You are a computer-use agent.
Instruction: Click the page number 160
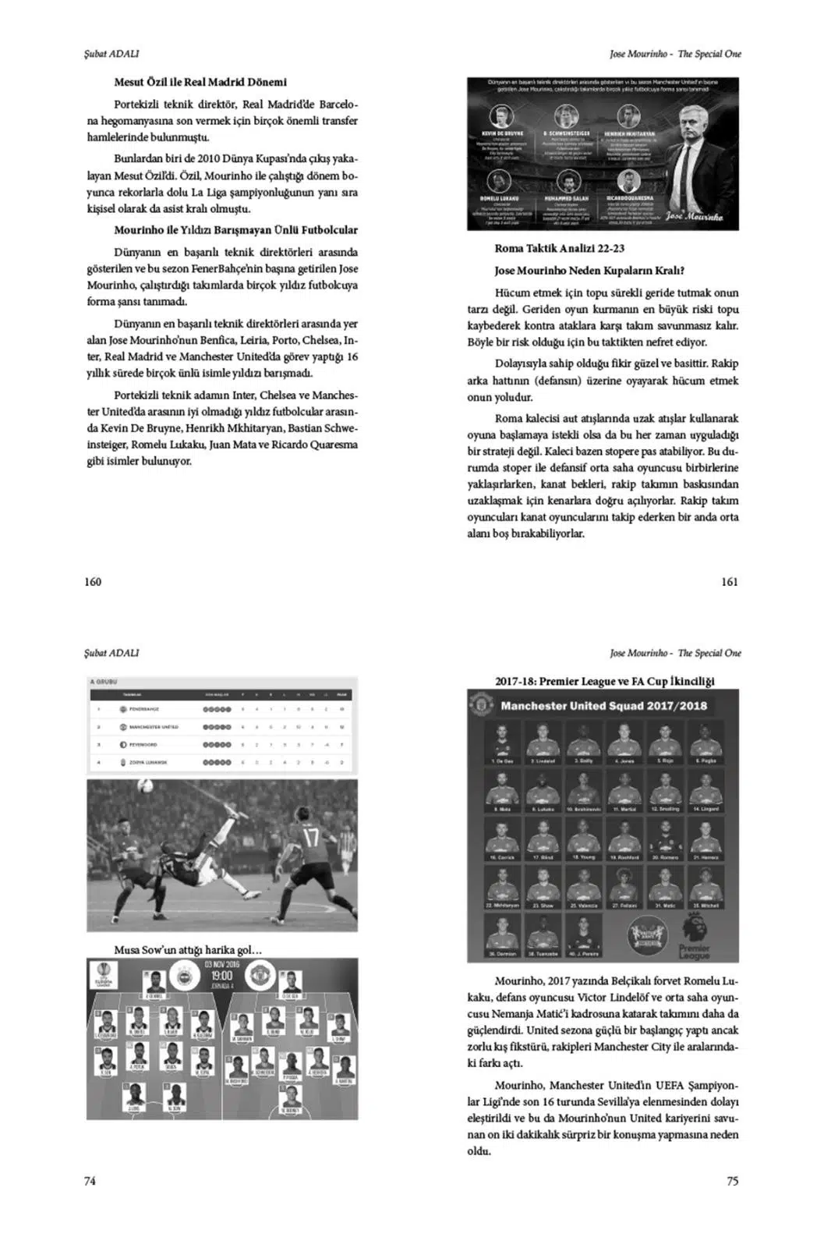(93, 581)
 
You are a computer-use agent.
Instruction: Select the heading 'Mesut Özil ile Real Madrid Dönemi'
(200, 82)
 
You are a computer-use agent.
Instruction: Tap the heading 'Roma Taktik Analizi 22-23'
(559, 249)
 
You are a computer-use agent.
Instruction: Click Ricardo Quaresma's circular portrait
(628, 182)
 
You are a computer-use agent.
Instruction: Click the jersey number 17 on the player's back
(310, 838)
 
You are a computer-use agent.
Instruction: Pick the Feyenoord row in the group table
(222, 745)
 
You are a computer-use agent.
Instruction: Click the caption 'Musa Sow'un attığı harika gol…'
(188, 950)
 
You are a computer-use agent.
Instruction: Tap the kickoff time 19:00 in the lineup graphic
(221, 976)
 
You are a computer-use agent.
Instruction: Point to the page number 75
(732, 1181)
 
